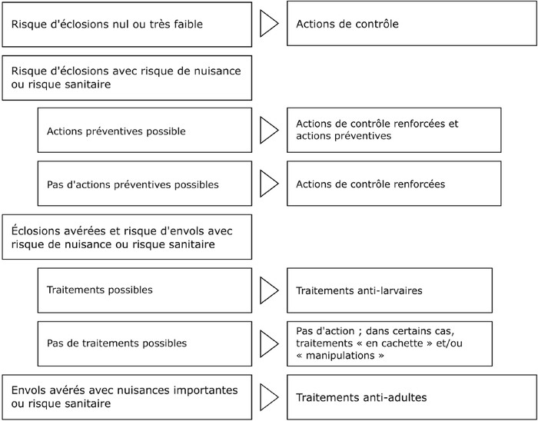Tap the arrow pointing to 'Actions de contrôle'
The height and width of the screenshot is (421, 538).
pyautogui.click(x=269, y=23)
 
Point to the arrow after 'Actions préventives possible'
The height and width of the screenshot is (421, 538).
pyautogui.click(x=269, y=130)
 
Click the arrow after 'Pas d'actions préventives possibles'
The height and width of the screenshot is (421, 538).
pyautogui.click(x=269, y=184)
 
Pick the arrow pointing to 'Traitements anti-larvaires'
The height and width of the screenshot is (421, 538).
pyautogui.click(x=269, y=290)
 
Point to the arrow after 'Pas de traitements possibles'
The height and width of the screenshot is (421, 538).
pyautogui.click(x=269, y=343)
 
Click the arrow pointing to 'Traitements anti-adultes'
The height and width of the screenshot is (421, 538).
pyautogui.click(x=269, y=397)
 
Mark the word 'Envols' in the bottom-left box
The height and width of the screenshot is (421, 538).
pyautogui.click(x=28, y=390)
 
